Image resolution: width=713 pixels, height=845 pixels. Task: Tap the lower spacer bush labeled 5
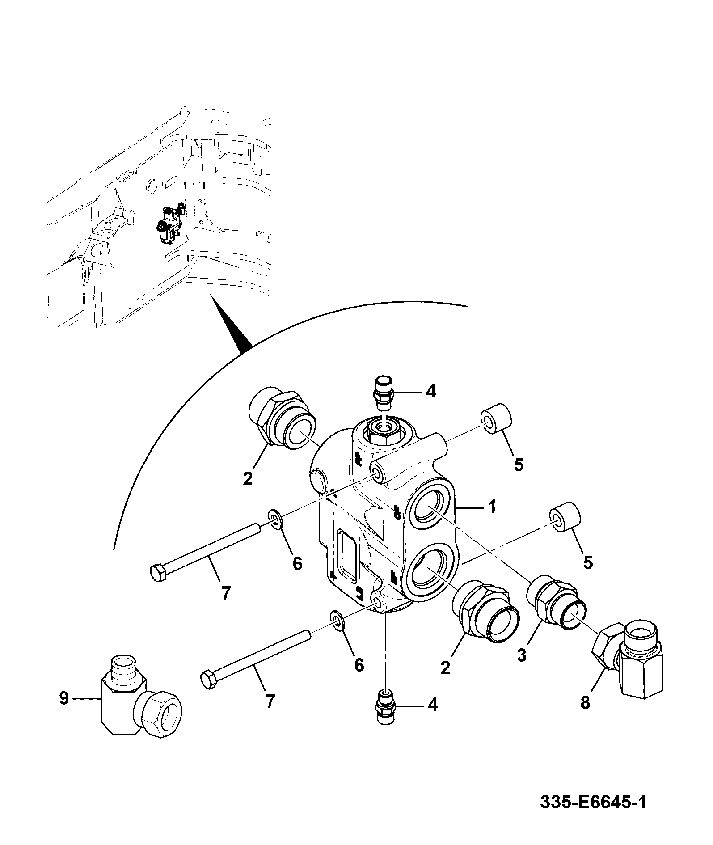click(565, 516)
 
